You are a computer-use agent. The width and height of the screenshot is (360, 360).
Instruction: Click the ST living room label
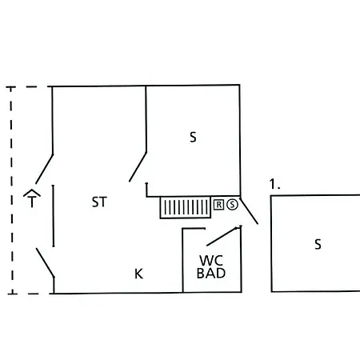[99, 202]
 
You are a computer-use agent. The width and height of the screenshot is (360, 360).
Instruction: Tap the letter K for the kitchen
[138, 274]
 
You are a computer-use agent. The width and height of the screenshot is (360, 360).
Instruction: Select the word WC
[211, 261]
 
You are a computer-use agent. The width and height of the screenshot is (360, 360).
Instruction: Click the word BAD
[211, 273]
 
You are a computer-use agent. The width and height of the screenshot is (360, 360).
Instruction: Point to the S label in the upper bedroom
[193, 137]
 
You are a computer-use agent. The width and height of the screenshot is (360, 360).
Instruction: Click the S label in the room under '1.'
[318, 244]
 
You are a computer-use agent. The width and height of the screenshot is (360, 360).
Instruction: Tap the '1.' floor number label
[274, 184]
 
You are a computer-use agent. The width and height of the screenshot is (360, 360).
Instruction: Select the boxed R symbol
[218, 205]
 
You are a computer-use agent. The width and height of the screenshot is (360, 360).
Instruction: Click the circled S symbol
[232, 205]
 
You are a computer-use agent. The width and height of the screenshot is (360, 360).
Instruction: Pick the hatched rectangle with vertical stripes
[186, 207]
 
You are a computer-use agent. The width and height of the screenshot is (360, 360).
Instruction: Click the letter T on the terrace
[32, 202]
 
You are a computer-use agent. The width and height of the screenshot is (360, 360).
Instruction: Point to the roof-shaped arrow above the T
[32, 193]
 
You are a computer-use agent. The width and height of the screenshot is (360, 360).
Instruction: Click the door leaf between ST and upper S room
[138, 167]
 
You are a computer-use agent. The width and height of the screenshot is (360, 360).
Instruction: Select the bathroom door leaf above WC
[223, 236]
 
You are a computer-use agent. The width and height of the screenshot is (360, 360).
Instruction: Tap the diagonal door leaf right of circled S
[249, 211]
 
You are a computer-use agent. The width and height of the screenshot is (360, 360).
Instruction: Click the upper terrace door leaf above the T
[45, 169]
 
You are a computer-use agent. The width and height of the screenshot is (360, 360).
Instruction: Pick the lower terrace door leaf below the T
[46, 263]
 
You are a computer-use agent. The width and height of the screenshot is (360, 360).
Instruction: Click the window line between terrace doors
[53, 216]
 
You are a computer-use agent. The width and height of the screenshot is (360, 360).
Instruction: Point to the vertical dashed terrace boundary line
[11, 190]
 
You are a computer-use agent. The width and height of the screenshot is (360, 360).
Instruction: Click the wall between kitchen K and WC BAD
[182, 260]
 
